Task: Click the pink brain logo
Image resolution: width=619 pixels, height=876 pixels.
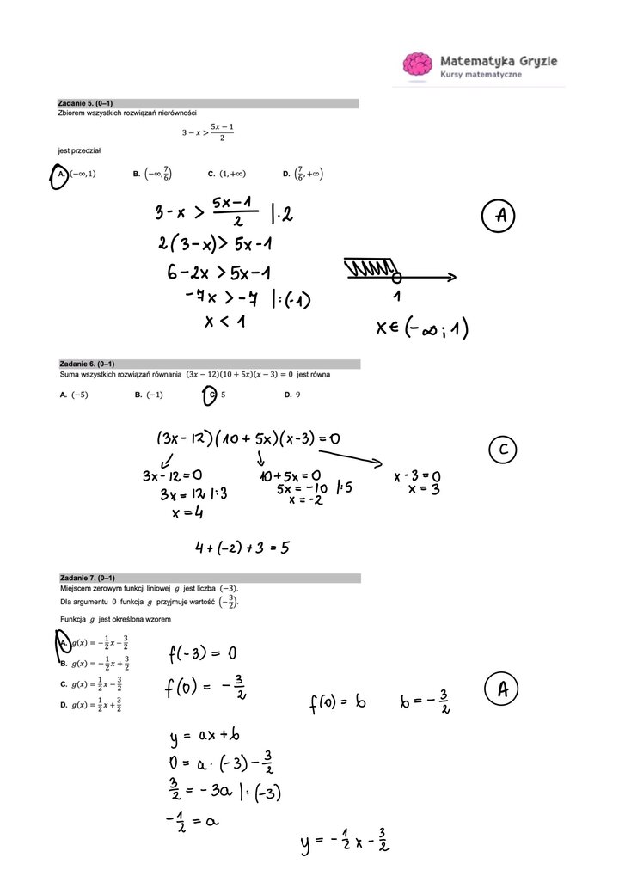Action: coord(418,65)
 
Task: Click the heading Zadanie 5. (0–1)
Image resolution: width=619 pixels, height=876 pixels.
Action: coord(86,103)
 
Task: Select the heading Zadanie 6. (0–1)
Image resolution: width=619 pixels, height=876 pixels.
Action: coord(87,364)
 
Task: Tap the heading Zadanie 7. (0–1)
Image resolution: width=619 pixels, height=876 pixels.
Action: coord(87,578)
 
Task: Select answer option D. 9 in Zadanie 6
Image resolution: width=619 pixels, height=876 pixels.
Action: coord(292,395)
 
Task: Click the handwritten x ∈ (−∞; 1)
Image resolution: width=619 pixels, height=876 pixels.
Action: coord(421,329)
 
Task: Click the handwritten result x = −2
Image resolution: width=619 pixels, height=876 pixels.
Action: coord(305,500)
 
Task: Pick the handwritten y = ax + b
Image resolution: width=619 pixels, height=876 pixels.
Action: coord(205,738)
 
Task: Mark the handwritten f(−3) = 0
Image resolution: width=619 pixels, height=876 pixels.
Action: coord(202,656)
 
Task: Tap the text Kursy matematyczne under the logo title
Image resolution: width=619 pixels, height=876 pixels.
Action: coord(481,75)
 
